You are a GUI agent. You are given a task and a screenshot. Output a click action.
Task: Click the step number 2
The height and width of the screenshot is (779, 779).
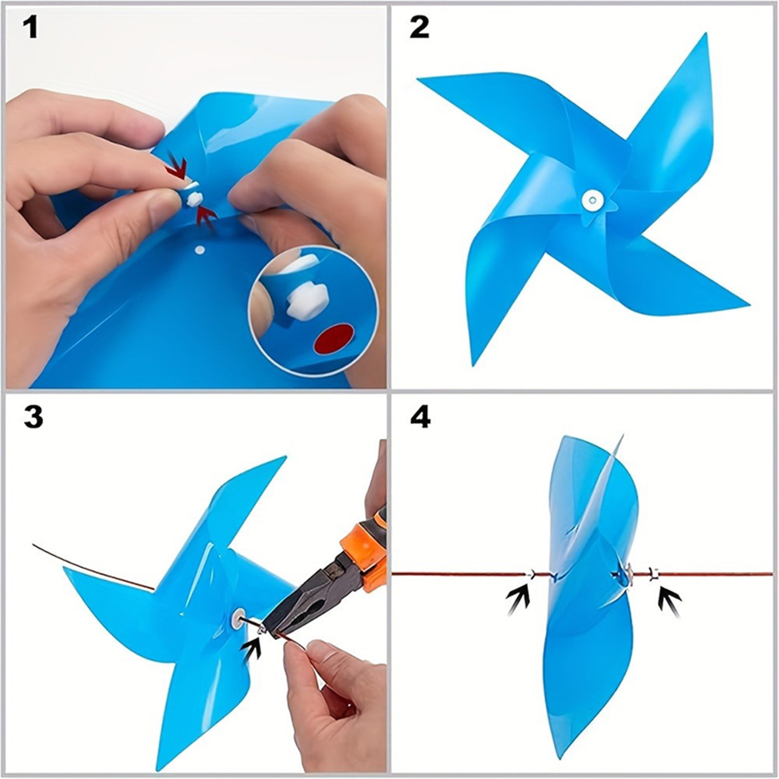[x=420, y=28]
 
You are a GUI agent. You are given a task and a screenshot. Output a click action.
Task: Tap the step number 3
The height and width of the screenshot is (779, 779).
[x=33, y=417]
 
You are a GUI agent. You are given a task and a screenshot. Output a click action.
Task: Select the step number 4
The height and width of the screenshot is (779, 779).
[x=420, y=417]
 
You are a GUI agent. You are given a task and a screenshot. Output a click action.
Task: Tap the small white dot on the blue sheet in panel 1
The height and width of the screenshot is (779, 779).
[x=199, y=250]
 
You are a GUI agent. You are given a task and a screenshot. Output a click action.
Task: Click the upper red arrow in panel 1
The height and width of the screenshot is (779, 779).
[x=176, y=166]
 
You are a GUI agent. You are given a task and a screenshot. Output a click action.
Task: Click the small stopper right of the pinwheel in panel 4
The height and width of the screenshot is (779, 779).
[x=654, y=575]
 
